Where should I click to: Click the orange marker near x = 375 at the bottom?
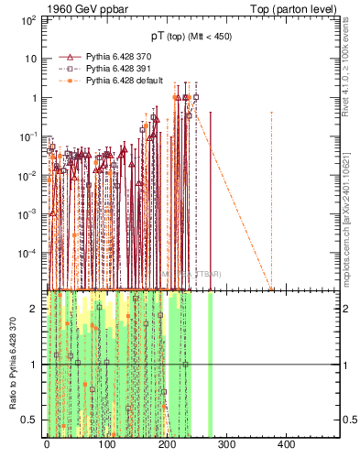click(x=271, y=289)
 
